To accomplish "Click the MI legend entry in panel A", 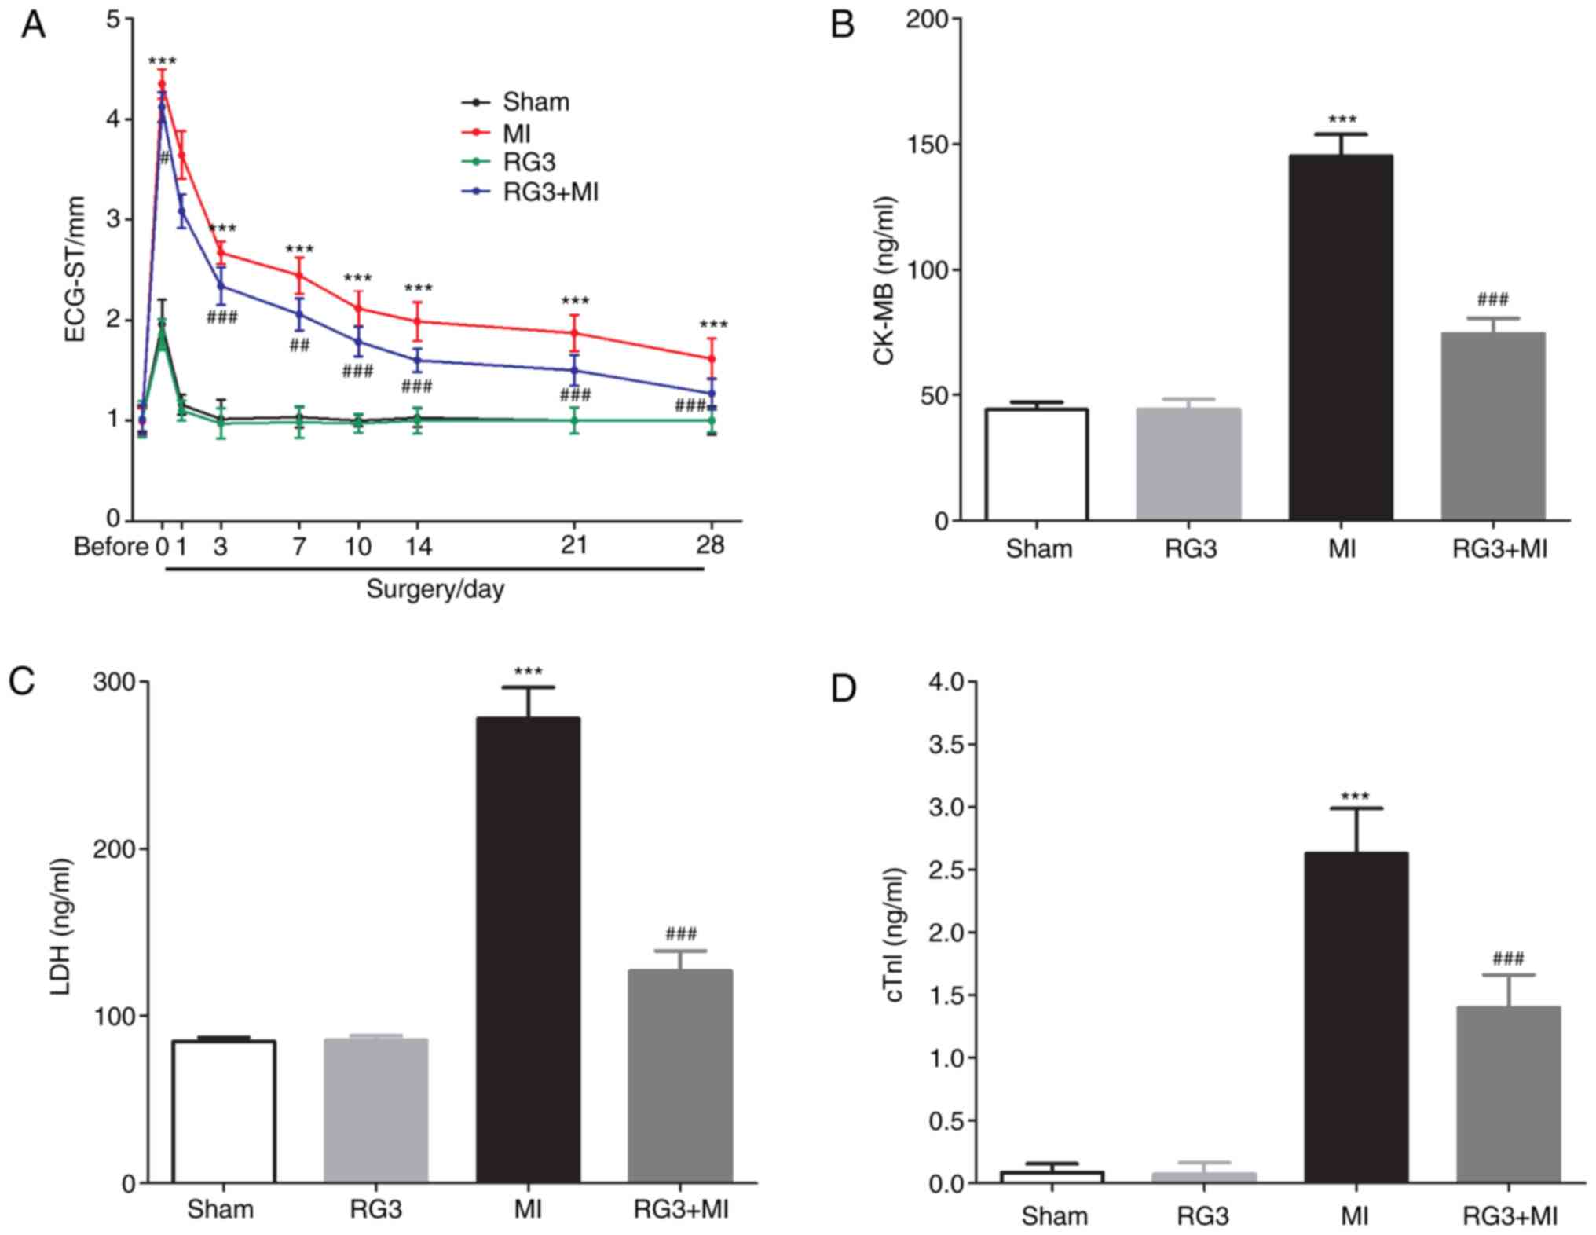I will (516, 133).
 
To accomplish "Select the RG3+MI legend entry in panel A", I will (550, 192).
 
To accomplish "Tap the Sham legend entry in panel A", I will (535, 102).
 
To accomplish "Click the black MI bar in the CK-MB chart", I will (1341, 338).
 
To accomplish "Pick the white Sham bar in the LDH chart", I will (224, 1111).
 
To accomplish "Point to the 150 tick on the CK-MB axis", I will (927, 145).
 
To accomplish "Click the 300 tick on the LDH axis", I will (114, 682).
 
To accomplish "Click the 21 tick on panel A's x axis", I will (574, 544).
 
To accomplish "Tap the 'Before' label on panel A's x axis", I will (111, 546).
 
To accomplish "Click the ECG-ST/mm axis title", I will (75, 269).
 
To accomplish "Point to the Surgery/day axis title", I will (435, 589).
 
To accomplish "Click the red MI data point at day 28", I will (712, 359).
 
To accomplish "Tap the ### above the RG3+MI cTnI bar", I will (1508, 958).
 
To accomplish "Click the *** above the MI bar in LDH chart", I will (528, 672).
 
